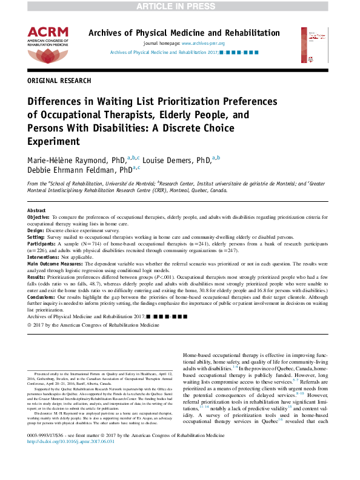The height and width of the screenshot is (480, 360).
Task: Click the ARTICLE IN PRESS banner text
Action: [179, 6]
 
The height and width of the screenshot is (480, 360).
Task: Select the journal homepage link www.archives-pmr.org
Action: [203, 44]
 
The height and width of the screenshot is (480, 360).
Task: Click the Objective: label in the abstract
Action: [39, 216]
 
